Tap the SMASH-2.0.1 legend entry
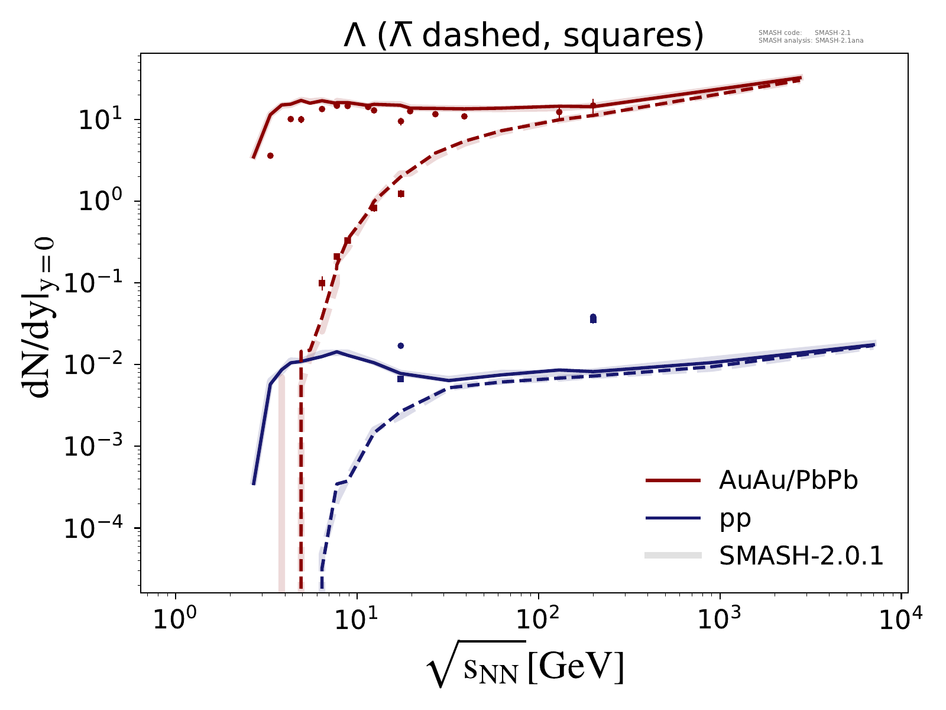point(801,556)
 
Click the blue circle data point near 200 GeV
point(593,317)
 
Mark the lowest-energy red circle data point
point(270,156)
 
